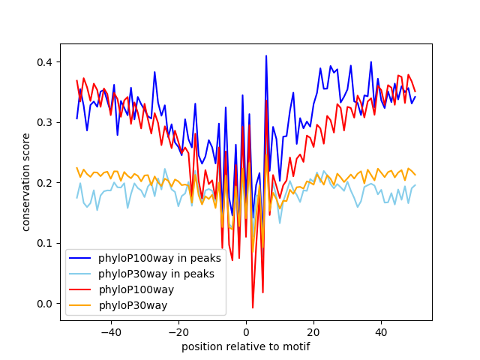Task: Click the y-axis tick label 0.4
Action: [x=45, y=62]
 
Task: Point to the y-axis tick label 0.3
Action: [x=45, y=123]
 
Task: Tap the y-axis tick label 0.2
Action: [x=45, y=183]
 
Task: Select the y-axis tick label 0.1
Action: [x=45, y=243]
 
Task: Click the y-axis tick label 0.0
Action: [x=45, y=304]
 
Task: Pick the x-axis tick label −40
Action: [x=111, y=332]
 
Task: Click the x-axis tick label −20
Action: [x=178, y=332]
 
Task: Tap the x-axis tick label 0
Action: [x=246, y=332]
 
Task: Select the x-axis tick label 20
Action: [x=313, y=332]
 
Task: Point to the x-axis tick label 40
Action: [x=382, y=332]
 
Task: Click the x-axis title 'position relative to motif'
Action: [x=246, y=346]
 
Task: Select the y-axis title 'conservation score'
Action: [x=26, y=182]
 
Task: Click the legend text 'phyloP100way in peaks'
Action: [x=160, y=258]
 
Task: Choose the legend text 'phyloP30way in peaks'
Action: [x=156, y=274]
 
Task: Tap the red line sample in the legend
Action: [x=80, y=289]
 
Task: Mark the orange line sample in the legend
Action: [x=80, y=305]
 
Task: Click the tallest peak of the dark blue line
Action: [x=266, y=56]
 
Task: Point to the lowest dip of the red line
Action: [x=253, y=307]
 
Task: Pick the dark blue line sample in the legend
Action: [x=80, y=258]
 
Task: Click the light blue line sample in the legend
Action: [x=80, y=274]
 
